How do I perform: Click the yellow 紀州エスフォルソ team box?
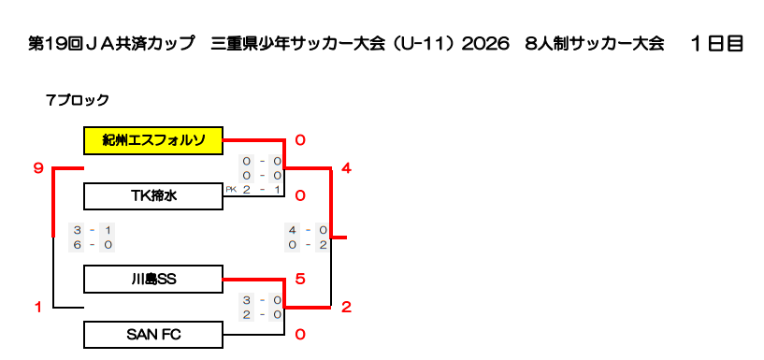153,141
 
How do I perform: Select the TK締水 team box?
153,196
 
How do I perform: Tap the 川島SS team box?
153,280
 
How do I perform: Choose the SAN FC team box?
153,335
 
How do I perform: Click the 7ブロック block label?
77,100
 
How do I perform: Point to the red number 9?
39,168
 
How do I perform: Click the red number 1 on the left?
38,308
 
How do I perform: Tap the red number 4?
346,168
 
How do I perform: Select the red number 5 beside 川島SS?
300,280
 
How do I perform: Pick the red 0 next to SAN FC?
300,335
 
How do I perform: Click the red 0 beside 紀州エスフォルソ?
300,141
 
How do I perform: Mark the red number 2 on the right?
346,308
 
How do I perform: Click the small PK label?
231,190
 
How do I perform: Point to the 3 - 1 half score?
93,230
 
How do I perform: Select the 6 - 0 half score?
93,245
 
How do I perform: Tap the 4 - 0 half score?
307,230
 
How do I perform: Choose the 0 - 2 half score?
307,245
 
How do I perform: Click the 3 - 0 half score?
262,300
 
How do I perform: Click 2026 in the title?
484,44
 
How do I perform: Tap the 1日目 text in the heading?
716,44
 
